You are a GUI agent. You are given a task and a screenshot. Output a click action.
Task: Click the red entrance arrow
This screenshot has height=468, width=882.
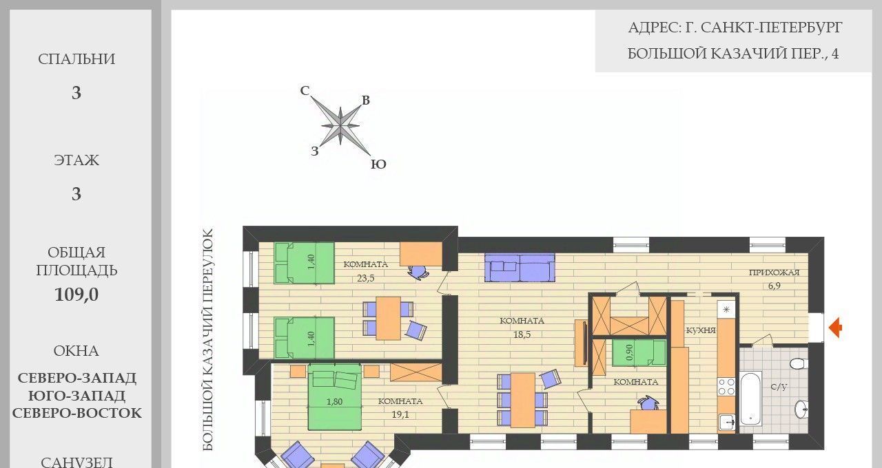[x=836, y=327]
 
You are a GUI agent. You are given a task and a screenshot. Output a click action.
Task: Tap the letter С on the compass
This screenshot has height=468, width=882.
[x=305, y=90]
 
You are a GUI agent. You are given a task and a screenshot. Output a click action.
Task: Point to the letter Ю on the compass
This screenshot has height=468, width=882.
[x=378, y=164]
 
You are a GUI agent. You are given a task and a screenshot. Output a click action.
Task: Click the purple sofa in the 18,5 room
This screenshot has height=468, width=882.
[x=520, y=268]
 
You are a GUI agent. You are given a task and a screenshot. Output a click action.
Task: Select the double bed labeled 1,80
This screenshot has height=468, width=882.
[x=335, y=396]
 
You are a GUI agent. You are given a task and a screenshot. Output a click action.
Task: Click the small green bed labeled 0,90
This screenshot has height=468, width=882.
[x=639, y=353]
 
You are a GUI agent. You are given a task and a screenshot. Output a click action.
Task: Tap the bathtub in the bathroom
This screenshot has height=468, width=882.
[x=751, y=398]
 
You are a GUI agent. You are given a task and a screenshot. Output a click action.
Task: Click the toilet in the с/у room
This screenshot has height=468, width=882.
[x=799, y=363]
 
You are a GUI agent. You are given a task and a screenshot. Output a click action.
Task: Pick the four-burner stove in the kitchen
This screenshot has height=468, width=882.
[x=726, y=386]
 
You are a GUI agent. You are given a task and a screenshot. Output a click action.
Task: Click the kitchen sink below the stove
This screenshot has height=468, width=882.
[x=727, y=423]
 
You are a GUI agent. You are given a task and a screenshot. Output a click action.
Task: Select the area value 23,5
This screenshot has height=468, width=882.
[x=366, y=278]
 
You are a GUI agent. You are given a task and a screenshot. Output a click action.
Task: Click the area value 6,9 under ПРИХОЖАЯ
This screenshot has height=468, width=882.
[x=774, y=286]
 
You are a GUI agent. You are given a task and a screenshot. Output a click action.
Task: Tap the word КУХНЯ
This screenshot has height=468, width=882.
[x=701, y=330]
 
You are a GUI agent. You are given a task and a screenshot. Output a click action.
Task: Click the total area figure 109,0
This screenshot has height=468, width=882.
[x=76, y=294]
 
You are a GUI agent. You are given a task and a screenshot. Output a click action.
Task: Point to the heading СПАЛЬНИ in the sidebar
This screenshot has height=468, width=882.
[x=76, y=59]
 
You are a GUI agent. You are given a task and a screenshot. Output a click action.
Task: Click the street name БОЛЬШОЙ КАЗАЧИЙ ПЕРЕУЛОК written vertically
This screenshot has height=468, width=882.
[x=208, y=339]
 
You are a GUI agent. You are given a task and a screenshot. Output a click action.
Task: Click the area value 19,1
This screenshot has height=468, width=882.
[x=400, y=414]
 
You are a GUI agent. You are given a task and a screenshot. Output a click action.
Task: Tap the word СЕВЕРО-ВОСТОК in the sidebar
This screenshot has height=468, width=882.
[x=76, y=413]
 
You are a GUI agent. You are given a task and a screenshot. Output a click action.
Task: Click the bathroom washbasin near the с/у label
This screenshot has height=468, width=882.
[x=801, y=409]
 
